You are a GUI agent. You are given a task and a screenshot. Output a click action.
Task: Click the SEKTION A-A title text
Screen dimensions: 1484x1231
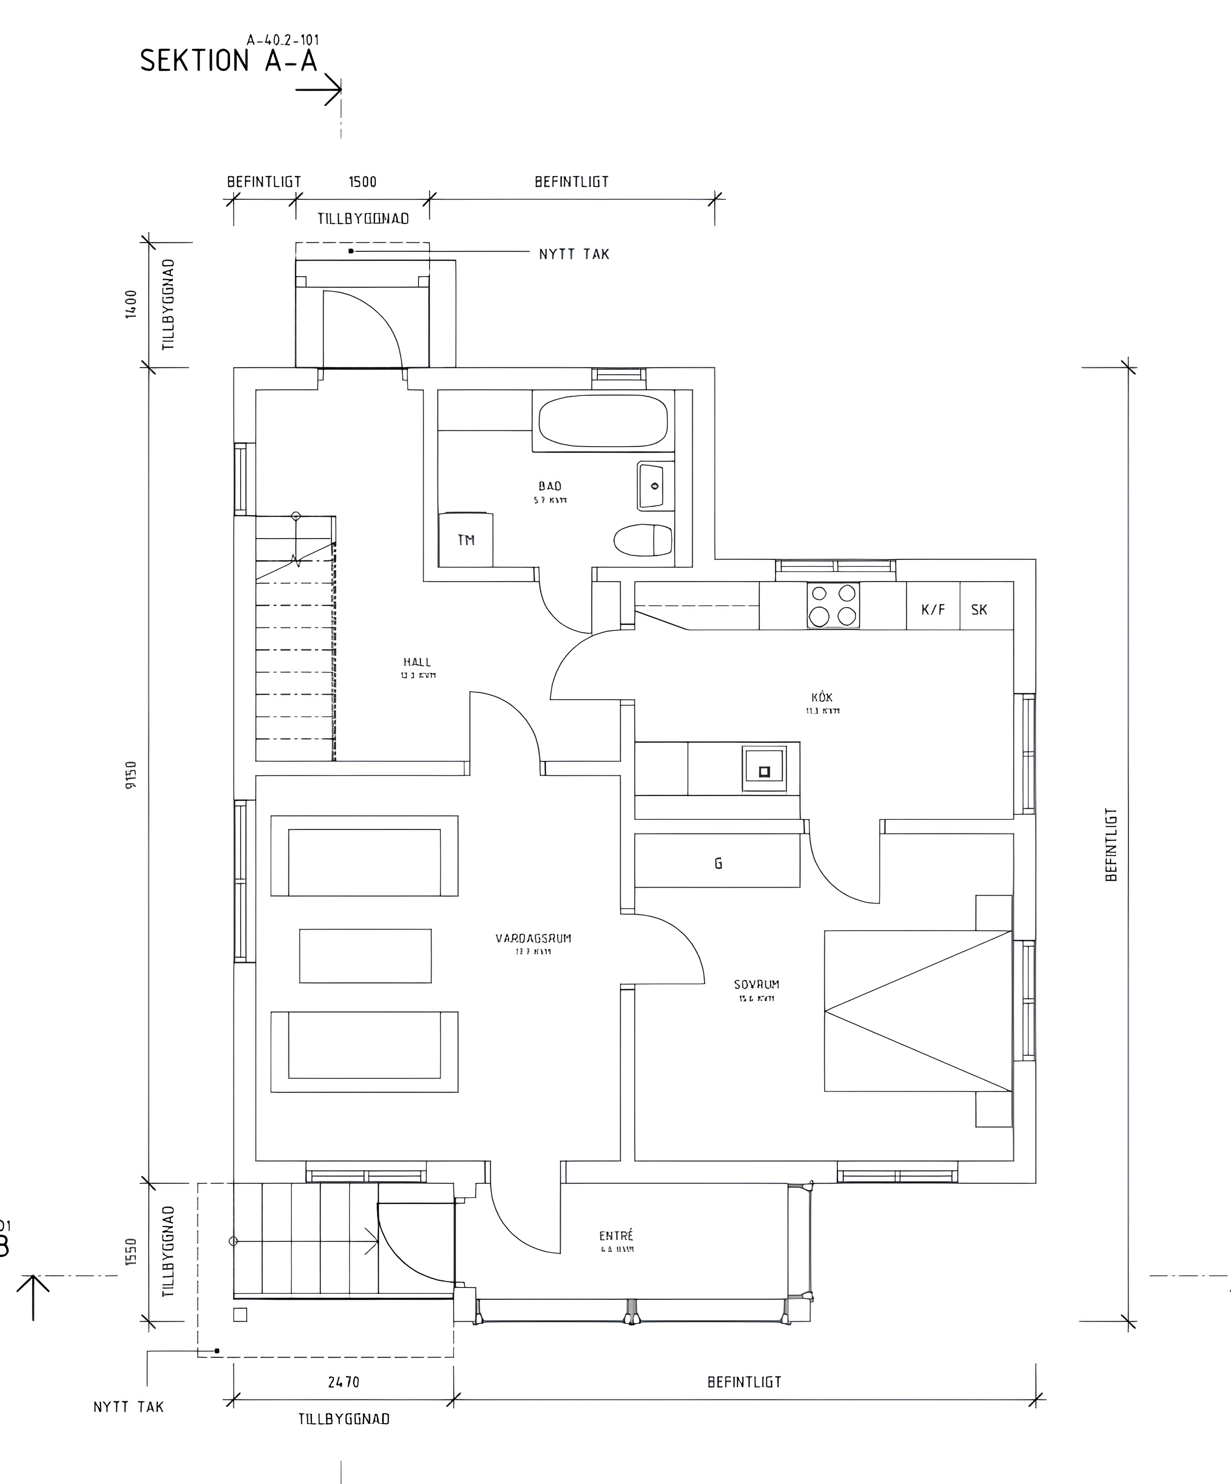[x=228, y=61]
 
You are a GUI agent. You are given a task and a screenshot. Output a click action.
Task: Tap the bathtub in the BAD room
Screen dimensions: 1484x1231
[x=603, y=421]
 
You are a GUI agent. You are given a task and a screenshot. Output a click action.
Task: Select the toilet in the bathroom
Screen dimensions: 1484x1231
[x=642, y=540]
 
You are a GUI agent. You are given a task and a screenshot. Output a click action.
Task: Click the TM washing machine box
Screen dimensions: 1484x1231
[x=466, y=540]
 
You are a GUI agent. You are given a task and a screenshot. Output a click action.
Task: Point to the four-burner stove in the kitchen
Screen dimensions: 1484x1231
[x=833, y=606]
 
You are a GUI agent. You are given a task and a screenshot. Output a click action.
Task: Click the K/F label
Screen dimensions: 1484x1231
[x=933, y=609]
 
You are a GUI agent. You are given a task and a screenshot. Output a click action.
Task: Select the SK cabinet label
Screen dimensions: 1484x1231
[x=979, y=609]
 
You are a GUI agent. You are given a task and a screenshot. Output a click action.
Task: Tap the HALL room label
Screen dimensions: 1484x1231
[x=417, y=662]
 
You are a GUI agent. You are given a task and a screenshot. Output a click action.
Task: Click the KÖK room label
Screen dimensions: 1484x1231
[x=822, y=698]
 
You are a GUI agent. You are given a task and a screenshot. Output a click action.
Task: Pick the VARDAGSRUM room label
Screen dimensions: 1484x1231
[x=533, y=939]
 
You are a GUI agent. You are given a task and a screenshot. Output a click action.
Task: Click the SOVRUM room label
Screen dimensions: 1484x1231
[x=756, y=984]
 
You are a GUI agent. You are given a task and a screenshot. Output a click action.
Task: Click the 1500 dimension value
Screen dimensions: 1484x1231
[x=362, y=182]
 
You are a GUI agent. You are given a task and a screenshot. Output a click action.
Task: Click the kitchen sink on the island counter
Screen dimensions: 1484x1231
[x=763, y=769]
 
